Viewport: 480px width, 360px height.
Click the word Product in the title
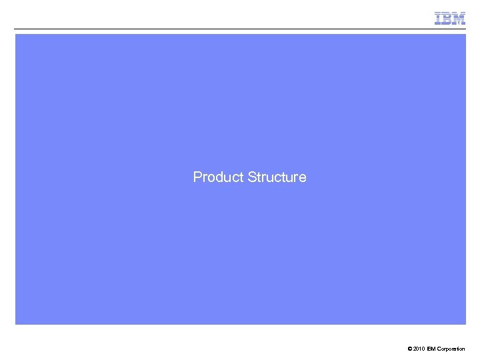pyautogui.click(x=218, y=177)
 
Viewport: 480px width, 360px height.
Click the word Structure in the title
pyautogui.click(x=277, y=177)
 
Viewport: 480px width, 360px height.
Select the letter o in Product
pyautogui.click(x=209, y=178)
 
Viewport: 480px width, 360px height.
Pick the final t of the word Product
pyautogui.click(x=241, y=177)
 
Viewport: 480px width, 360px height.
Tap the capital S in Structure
pyautogui.click(x=252, y=177)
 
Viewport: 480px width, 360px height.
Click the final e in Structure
pyautogui.click(x=303, y=178)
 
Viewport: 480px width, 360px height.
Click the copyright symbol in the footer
pyautogui.click(x=407, y=349)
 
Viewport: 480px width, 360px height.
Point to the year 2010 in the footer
pyautogui.click(x=418, y=349)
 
